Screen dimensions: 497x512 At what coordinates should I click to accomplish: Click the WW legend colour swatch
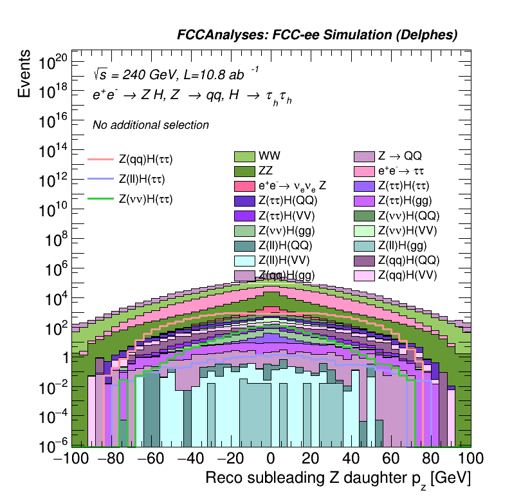click(x=245, y=156)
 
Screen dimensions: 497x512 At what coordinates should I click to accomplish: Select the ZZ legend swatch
click(x=245, y=171)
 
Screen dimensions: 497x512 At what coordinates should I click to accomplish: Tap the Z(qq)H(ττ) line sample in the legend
click(x=100, y=158)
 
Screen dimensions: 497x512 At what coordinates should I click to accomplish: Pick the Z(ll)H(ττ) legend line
click(x=100, y=179)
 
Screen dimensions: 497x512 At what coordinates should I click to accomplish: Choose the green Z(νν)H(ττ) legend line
click(x=100, y=200)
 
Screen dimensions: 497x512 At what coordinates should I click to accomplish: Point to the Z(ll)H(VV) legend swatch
click(x=245, y=261)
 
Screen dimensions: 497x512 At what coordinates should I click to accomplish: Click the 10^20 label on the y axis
click(x=53, y=62)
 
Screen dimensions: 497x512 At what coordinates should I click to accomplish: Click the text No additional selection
click(x=151, y=125)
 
